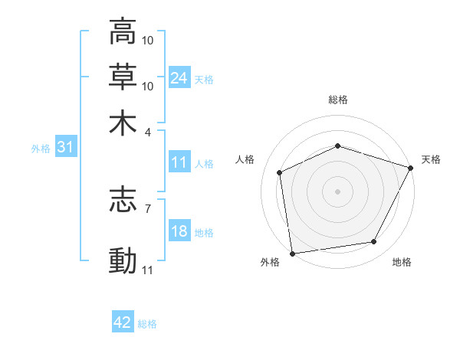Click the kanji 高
click(123, 33)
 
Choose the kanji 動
click(123, 260)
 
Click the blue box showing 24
click(179, 78)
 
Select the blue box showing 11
click(179, 162)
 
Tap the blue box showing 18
click(179, 232)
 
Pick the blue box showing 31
click(65, 148)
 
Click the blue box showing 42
click(123, 322)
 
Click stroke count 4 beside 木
click(149, 131)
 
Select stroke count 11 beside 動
click(148, 270)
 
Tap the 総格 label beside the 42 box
click(147, 324)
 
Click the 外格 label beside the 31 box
click(40, 149)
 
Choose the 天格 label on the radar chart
click(431, 159)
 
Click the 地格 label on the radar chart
click(401, 263)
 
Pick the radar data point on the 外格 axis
click(292, 252)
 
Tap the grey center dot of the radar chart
click(337, 191)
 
